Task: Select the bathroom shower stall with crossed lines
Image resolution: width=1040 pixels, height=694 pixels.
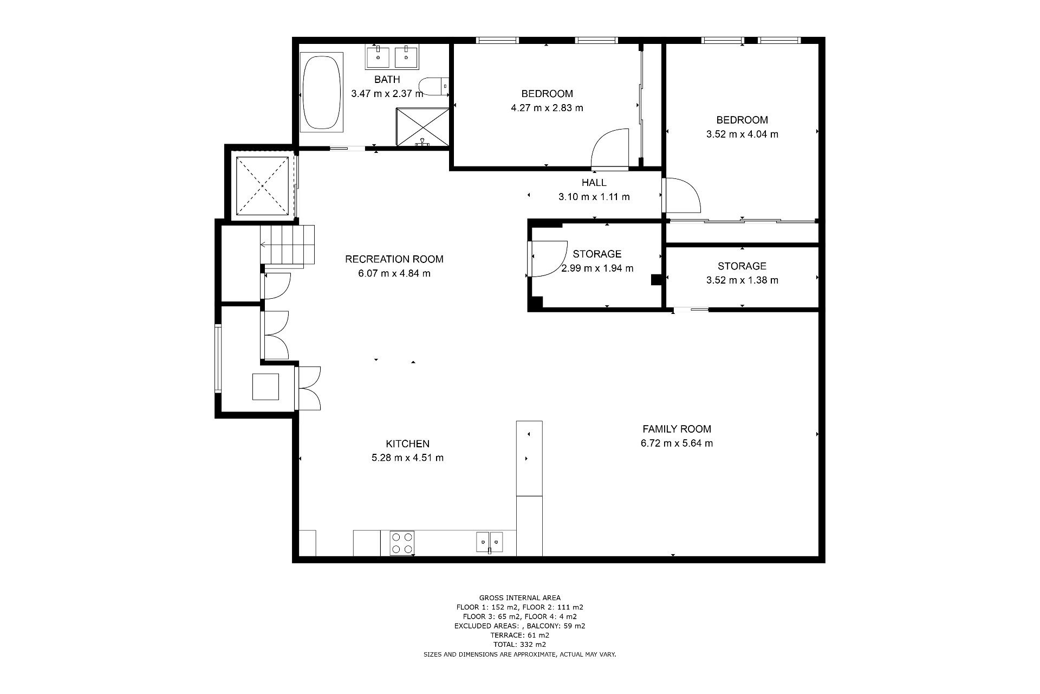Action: point(422,127)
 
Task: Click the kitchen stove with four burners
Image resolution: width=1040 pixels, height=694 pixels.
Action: point(402,543)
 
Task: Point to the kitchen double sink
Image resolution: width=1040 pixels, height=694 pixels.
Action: point(490,542)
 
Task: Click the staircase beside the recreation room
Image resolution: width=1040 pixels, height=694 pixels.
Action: point(288,245)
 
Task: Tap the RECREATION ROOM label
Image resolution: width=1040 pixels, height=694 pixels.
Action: point(394,259)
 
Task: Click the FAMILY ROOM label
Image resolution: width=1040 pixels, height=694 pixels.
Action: point(677,429)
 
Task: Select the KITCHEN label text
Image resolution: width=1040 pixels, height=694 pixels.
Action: point(407,444)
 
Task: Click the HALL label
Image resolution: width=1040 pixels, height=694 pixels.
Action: point(594,183)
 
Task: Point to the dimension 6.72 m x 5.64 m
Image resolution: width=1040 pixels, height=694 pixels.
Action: point(677,443)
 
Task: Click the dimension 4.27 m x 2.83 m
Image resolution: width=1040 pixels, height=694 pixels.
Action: point(547,107)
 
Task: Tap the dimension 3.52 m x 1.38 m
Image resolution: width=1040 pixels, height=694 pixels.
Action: point(742,280)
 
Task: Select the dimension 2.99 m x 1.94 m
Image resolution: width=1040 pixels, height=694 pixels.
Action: point(597,268)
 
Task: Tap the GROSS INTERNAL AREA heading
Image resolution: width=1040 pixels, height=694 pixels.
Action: point(520,598)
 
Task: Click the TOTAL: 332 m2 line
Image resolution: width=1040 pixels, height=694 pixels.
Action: point(520,645)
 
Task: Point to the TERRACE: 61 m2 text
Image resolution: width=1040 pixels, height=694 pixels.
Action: point(520,635)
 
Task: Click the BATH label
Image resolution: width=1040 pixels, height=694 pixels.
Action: point(387,80)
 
